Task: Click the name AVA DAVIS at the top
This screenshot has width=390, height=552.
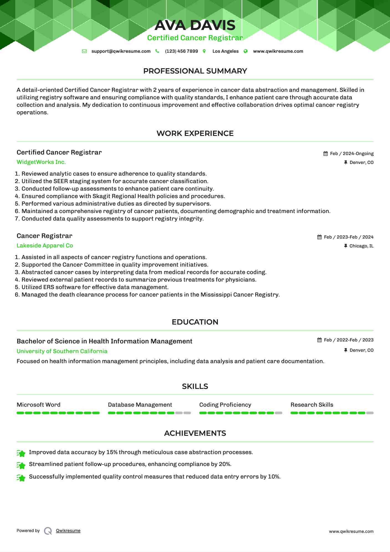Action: [x=195, y=25]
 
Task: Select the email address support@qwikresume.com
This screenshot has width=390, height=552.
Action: [x=121, y=51]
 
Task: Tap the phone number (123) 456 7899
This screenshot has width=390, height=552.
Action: [x=181, y=51]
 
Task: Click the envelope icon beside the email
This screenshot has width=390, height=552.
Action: [x=84, y=51]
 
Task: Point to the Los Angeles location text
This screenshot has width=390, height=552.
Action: [x=225, y=51]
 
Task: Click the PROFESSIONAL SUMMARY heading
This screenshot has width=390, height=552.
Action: [x=195, y=71]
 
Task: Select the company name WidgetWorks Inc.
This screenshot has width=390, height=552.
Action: [x=41, y=162]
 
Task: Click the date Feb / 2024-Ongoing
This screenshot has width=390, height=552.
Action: [x=351, y=154]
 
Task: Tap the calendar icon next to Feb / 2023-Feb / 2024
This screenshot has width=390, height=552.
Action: [x=320, y=237]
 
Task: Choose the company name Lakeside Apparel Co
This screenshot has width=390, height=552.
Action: [x=45, y=246]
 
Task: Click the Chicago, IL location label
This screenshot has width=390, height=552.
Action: [x=361, y=246]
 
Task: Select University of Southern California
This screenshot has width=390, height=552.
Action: [x=62, y=351]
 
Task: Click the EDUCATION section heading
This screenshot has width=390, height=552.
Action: [x=195, y=322]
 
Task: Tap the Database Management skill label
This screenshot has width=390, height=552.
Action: [x=140, y=405]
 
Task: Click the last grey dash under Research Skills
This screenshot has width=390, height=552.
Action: [x=370, y=413]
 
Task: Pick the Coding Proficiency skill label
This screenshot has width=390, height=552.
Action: [x=225, y=405]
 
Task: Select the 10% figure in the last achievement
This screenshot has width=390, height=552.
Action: [x=274, y=477]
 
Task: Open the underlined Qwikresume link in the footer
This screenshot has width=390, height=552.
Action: [x=68, y=531]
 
